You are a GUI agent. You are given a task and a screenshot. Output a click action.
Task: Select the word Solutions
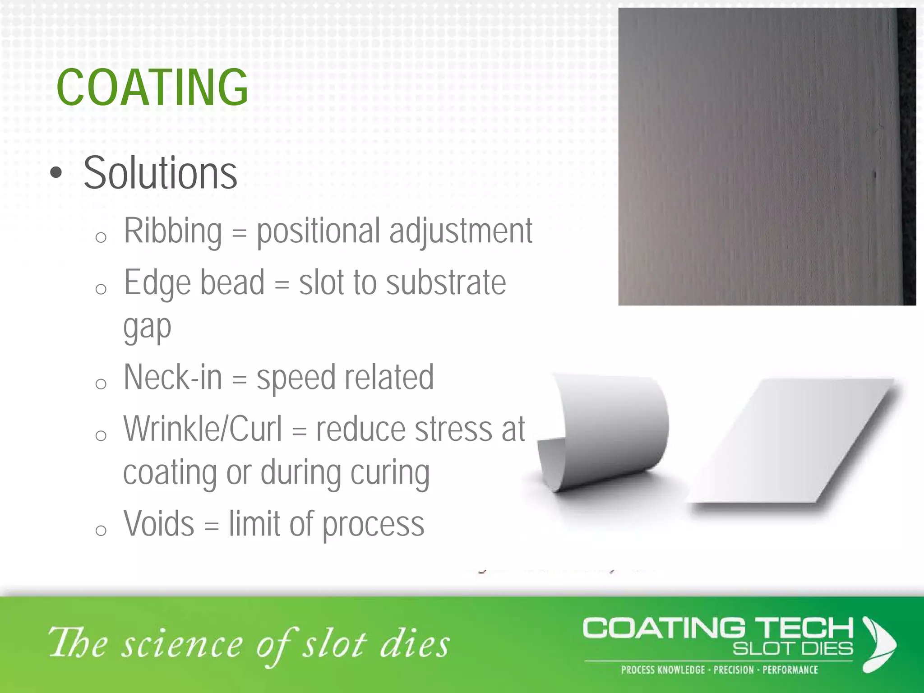pos(160,173)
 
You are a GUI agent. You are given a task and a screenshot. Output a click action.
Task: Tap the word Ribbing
pos(173,231)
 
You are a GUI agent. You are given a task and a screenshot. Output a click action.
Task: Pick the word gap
pos(147,327)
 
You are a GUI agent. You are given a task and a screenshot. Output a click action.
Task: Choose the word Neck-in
pos(173,377)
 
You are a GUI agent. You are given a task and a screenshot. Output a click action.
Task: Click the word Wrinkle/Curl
pos(203,429)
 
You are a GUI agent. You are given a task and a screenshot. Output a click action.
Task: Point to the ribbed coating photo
pos(767,157)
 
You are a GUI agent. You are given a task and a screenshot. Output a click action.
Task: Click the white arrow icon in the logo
pos(878,644)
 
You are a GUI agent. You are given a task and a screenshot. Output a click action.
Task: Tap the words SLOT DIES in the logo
pos(793,649)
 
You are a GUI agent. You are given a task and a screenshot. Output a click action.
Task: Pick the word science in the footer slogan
pos(183,644)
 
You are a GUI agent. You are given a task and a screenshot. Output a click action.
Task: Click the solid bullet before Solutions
pos(56,173)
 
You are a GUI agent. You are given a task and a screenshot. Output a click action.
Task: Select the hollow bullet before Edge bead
pos(101,289)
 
